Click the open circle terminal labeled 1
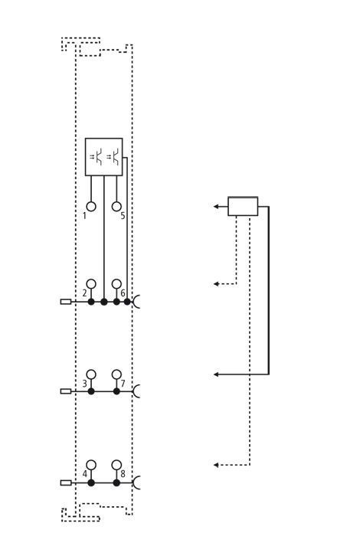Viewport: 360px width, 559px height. click(x=91, y=207)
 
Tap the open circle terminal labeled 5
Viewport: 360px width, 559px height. click(x=116, y=207)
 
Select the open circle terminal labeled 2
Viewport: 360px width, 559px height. click(x=91, y=284)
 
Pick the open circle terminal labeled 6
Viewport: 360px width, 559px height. click(x=116, y=284)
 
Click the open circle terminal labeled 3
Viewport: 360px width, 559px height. click(x=91, y=374)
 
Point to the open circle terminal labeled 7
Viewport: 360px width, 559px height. click(x=116, y=374)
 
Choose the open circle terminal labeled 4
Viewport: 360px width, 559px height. click(x=91, y=465)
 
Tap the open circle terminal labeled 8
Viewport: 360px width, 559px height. click(x=116, y=465)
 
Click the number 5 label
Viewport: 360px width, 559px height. click(x=123, y=216)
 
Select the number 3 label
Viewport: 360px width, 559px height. click(x=84, y=384)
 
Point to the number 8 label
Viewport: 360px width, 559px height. click(x=123, y=474)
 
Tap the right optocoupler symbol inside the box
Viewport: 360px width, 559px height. click(x=113, y=156)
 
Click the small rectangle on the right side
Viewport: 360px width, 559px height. click(x=243, y=206)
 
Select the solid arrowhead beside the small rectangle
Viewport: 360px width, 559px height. click(x=216, y=206)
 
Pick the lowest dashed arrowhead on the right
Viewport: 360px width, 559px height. click(x=216, y=465)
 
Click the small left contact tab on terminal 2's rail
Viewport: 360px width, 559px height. click(x=66, y=302)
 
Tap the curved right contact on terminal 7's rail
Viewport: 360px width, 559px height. click(x=136, y=391)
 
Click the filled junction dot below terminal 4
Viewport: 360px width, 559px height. click(x=91, y=483)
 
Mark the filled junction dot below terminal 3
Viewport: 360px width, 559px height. click(x=91, y=391)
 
